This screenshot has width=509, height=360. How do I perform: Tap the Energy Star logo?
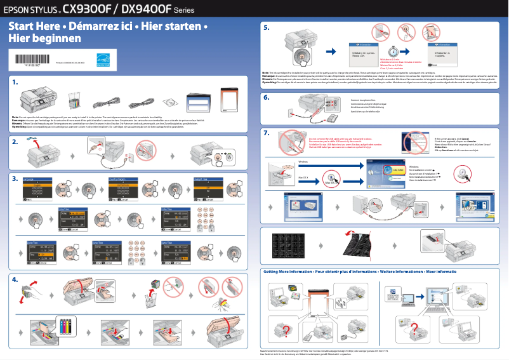(103, 60)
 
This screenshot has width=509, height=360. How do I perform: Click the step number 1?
(15, 82)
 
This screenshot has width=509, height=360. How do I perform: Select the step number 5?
(267, 29)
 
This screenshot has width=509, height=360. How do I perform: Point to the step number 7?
(267, 133)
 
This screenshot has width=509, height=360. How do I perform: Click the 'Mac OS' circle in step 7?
(328, 182)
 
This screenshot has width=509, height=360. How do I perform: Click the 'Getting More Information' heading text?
(288, 271)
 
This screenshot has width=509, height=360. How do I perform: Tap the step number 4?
(15, 279)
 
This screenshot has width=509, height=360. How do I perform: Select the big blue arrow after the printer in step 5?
(330, 51)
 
